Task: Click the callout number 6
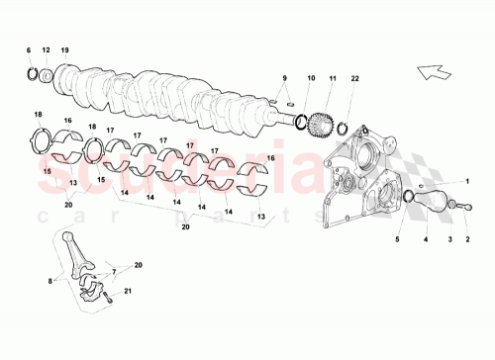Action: pos(28,49)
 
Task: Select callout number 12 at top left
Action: pos(46,49)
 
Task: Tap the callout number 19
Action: pos(65,49)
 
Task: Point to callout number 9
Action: pos(283,77)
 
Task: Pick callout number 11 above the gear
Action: pos(333,77)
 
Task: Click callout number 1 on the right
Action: pos(468,182)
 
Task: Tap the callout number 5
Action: pos(398,239)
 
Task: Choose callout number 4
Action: pos(427,239)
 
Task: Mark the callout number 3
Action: pos(450,239)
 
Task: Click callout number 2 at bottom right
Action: pos(468,239)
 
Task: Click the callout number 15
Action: pos(47,170)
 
